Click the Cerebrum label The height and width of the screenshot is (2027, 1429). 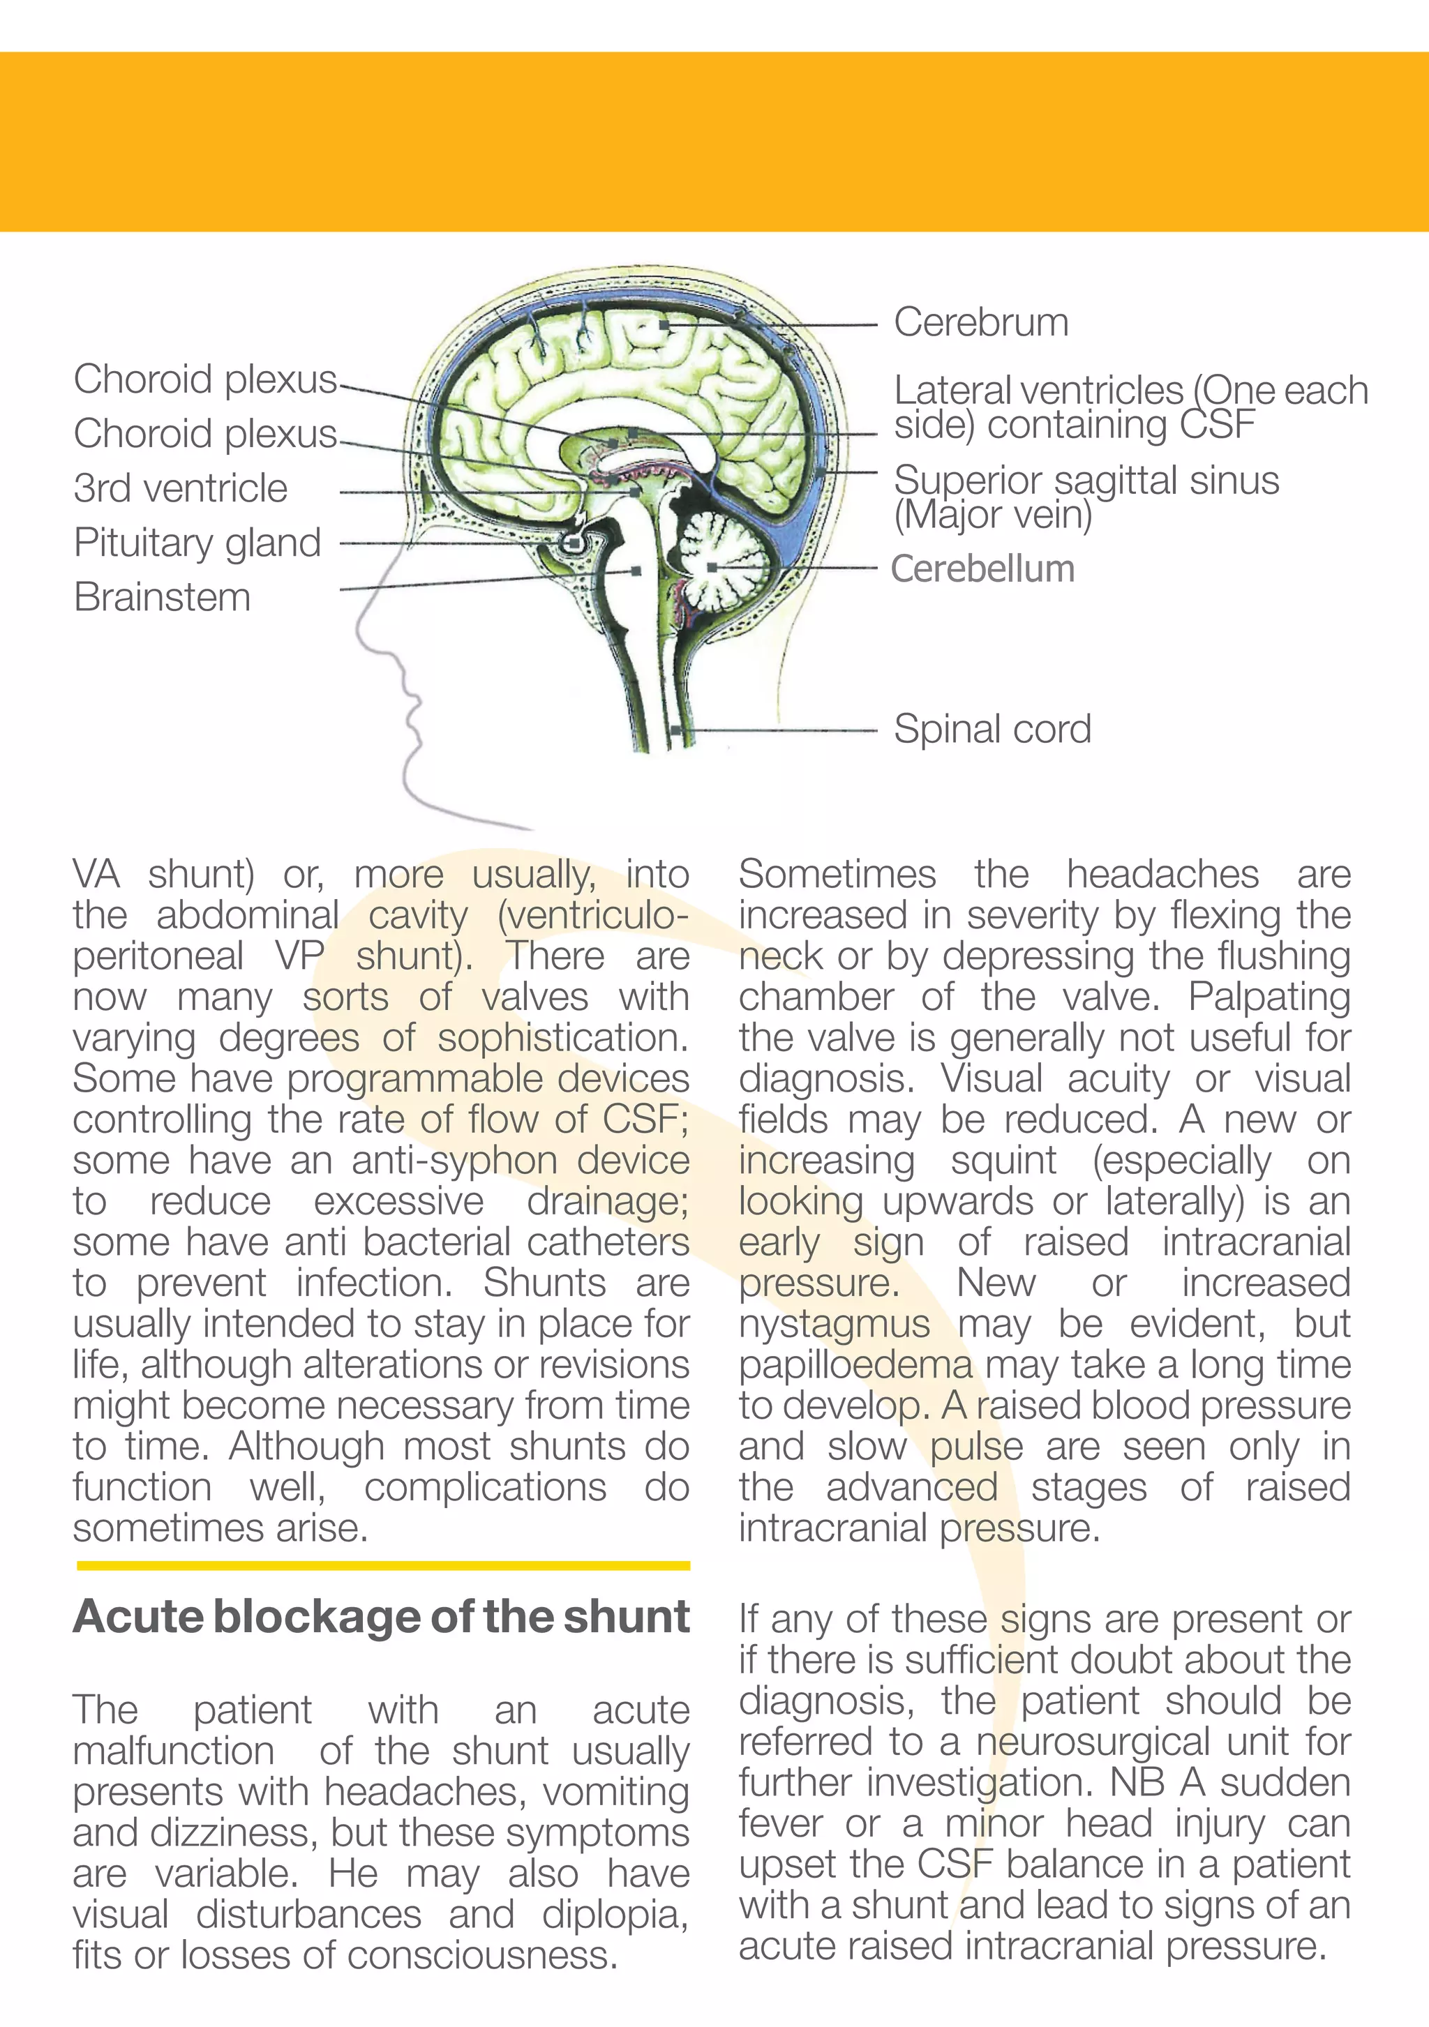[x=980, y=323]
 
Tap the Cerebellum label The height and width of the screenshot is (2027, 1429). [x=982, y=569]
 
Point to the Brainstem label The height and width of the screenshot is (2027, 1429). [x=163, y=598]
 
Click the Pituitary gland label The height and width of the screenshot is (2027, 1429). [x=197, y=543]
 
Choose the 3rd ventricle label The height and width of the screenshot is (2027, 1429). [x=180, y=489]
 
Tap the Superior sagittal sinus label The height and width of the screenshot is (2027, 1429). [x=1086, y=482]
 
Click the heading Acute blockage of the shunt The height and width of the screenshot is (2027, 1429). [x=381, y=1616]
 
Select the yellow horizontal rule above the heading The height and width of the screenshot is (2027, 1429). [x=382, y=1565]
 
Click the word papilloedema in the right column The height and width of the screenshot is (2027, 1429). [x=855, y=1366]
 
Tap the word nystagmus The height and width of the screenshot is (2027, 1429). [x=834, y=1325]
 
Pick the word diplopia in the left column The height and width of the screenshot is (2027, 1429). [x=615, y=1914]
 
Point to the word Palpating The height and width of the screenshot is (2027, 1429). [x=1269, y=997]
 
